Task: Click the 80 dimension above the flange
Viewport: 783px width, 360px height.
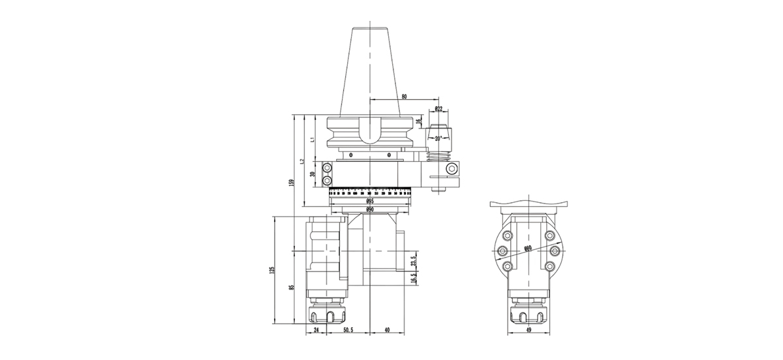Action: (x=404, y=97)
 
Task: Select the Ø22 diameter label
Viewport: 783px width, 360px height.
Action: (x=438, y=109)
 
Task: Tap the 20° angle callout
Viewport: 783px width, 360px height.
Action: (x=438, y=138)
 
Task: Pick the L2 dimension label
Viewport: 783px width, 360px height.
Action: (x=302, y=160)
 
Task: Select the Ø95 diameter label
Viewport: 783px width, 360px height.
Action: (x=369, y=202)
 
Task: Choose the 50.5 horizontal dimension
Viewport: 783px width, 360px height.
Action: (x=348, y=331)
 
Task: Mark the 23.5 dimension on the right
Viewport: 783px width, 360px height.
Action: (x=414, y=262)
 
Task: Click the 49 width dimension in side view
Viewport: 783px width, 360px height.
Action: (x=528, y=331)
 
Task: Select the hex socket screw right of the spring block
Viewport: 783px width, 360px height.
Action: (x=452, y=169)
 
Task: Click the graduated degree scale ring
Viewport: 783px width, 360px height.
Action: (x=369, y=193)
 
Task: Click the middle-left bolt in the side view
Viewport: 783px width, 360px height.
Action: (x=502, y=251)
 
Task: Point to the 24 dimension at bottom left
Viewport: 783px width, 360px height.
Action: (x=316, y=331)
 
